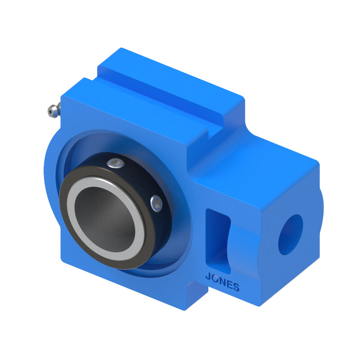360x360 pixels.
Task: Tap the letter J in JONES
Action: [x=208, y=278]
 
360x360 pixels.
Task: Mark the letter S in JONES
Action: [x=236, y=288]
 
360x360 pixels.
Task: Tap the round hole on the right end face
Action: [x=290, y=234]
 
